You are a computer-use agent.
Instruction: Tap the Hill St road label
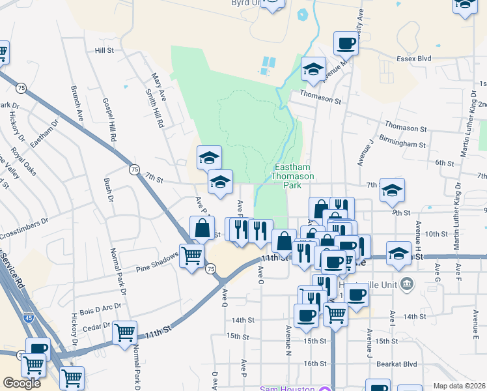(x=104, y=50)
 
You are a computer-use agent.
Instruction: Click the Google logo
(x=21, y=383)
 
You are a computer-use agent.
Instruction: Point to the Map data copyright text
(x=460, y=386)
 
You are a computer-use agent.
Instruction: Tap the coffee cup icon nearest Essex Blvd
(x=346, y=44)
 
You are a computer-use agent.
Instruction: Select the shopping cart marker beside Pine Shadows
(x=191, y=256)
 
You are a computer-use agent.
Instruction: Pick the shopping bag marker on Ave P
(x=202, y=229)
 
